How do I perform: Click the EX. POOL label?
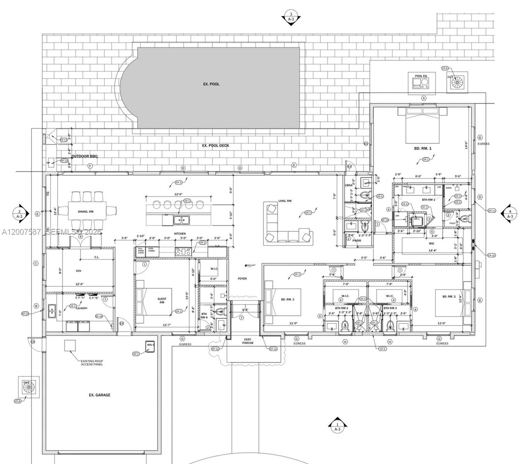click(211, 84)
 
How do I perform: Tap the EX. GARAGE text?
click(99, 395)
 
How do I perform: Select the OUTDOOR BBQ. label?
click(85, 156)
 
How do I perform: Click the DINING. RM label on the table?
click(86, 212)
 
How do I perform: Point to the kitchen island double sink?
click(181, 220)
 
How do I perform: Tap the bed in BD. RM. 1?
click(423, 125)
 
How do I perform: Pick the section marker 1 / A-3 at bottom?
click(337, 425)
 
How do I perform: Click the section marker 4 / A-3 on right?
click(510, 213)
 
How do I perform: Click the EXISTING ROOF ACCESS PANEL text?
click(92, 362)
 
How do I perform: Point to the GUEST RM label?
click(162, 301)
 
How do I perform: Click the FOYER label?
click(242, 278)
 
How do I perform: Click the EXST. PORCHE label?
click(248, 341)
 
